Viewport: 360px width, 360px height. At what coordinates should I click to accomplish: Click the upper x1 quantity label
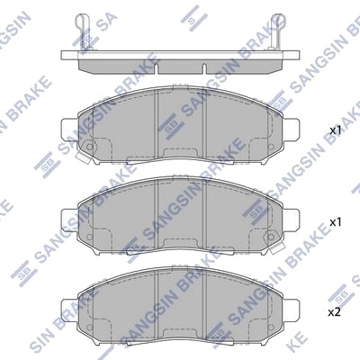pyautogui.click(x=336, y=130)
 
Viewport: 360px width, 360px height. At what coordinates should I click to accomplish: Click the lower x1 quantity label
pyautogui.click(x=336, y=222)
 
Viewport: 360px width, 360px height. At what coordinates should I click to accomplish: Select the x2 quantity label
pyautogui.click(x=335, y=312)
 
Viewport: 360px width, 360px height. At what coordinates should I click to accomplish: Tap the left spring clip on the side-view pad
pyautogui.click(x=82, y=31)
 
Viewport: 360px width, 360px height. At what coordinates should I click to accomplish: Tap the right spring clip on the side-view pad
pyautogui.click(x=277, y=31)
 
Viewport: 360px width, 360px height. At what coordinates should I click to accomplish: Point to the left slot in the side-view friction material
pyautogui.click(x=157, y=67)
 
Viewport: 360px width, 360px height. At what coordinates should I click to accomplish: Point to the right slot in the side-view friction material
pyautogui.click(x=204, y=67)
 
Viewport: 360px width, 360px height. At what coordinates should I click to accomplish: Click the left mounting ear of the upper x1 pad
pyautogui.click(x=69, y=130)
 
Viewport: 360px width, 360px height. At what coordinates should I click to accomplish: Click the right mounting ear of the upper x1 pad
pyautogui.click(x=291, y=130)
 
